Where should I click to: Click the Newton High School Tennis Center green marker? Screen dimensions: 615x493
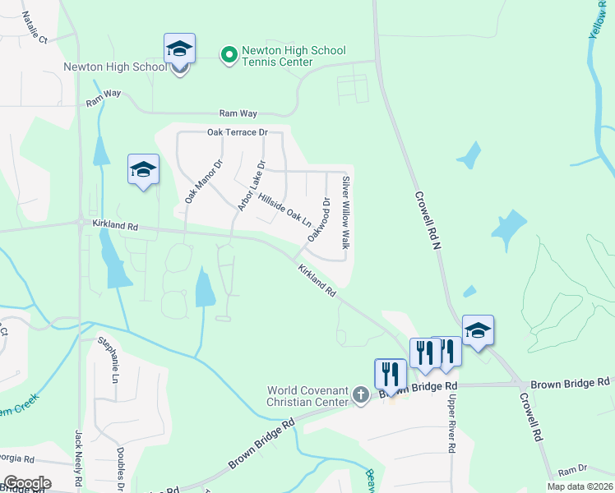pos(229,54)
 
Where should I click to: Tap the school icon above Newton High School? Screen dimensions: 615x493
pos(178,50)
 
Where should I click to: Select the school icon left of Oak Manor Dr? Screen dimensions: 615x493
pos(143,170)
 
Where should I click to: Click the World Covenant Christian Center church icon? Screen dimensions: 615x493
pos(359,395)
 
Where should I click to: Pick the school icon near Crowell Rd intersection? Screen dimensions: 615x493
pos(478,332)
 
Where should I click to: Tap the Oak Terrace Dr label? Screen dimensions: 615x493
pos(238,132)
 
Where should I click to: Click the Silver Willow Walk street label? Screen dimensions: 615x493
pos(346,213)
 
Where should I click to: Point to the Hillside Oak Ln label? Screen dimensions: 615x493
pos(284,209)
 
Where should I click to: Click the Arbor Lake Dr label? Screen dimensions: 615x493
pos(252,186)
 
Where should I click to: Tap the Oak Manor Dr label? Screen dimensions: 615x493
pos(203,182)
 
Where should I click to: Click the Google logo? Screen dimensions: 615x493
pos(26,483)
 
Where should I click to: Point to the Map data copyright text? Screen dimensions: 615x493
pos(580,486)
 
